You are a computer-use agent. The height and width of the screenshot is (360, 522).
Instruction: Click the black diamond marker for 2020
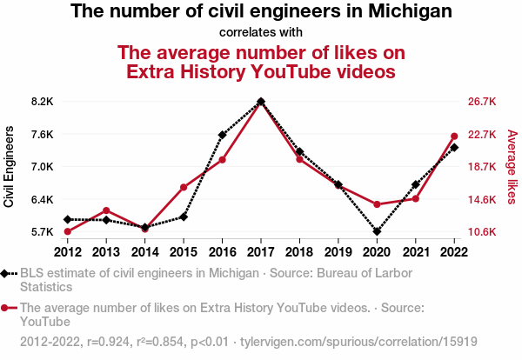(377, 232)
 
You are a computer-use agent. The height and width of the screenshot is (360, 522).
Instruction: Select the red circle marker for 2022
(454, 136)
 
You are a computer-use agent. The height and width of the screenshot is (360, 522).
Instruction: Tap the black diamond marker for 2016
(222, 135)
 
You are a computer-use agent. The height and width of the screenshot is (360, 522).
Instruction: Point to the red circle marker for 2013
(106, 210)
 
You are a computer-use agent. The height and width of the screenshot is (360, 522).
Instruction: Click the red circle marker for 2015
(184, 187)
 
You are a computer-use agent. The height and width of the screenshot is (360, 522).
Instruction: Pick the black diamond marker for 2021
(415, 184)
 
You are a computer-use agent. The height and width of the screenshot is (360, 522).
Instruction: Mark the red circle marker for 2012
(67, 231)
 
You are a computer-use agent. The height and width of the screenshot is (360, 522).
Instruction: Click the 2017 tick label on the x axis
(261, 252)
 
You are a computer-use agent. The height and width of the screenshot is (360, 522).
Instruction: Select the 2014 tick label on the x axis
(144, 252)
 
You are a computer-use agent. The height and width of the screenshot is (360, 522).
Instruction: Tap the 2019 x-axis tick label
(338, 252)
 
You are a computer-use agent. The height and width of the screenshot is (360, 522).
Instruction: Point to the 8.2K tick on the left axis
(42, 102)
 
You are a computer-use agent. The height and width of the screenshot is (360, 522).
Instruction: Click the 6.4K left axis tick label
(42, 200)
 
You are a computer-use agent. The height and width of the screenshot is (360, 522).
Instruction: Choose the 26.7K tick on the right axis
(482, 102)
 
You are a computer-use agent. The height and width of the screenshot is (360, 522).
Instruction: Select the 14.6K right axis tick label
(482, 200)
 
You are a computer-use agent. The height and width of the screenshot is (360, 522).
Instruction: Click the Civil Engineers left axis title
(10, 166)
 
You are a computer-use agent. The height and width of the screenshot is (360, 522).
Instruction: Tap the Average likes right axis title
(512, 167)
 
